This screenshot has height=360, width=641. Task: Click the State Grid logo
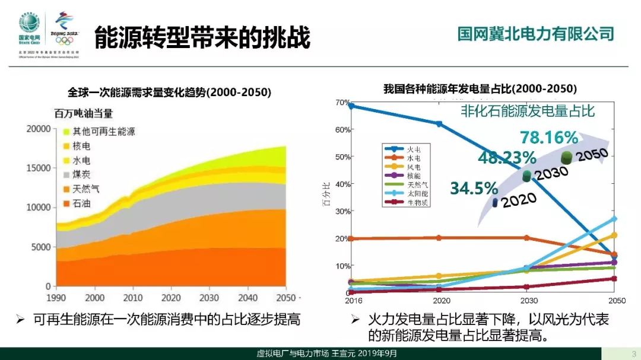point(29,27)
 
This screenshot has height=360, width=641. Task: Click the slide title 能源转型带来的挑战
point(202,37)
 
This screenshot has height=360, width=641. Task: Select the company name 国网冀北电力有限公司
point(535,33)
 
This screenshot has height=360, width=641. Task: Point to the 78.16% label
point(549,138)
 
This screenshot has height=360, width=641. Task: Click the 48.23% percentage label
point(507,158)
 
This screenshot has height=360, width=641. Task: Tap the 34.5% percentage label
point(473,189)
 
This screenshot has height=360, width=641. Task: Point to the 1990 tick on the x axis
point(56,297)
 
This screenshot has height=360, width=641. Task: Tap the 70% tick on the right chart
point(342,102)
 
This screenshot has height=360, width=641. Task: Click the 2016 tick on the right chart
point(353,301)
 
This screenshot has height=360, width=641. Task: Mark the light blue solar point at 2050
point(614,219)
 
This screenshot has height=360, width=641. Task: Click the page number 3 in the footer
point(633,354)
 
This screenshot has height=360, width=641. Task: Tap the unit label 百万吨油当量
point(83,113)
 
